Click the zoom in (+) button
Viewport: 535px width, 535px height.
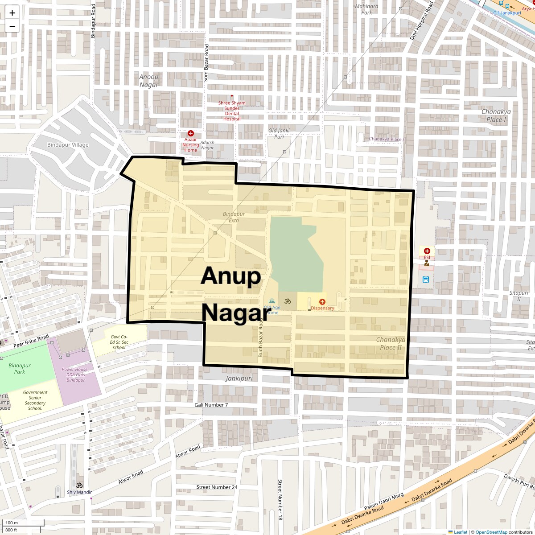point(12,13)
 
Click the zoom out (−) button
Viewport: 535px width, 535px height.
point(12,26)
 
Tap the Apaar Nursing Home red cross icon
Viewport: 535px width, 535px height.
point(191,133)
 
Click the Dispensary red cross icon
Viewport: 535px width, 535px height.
point(322,302)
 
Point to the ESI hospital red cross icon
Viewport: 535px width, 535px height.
point(427,251)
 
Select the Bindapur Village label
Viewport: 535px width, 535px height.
point(68,144)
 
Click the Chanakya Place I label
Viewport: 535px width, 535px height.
point(496,115)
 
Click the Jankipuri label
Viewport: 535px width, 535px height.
point(239,378)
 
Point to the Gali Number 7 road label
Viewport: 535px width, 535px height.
point(211,405)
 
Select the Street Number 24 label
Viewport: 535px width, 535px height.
point(217,487)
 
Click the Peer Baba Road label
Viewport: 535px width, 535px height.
point(31,341)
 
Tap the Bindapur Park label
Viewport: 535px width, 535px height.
point(20,369)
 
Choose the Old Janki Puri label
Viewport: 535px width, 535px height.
point(279,134)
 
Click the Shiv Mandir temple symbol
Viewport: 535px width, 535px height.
point(79,485)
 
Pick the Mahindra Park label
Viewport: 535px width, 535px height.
point(366,9)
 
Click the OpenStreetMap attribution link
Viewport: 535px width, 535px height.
point(491,532)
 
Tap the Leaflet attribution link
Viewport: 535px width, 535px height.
point(460,532)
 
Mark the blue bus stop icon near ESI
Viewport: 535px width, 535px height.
point(426,280)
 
